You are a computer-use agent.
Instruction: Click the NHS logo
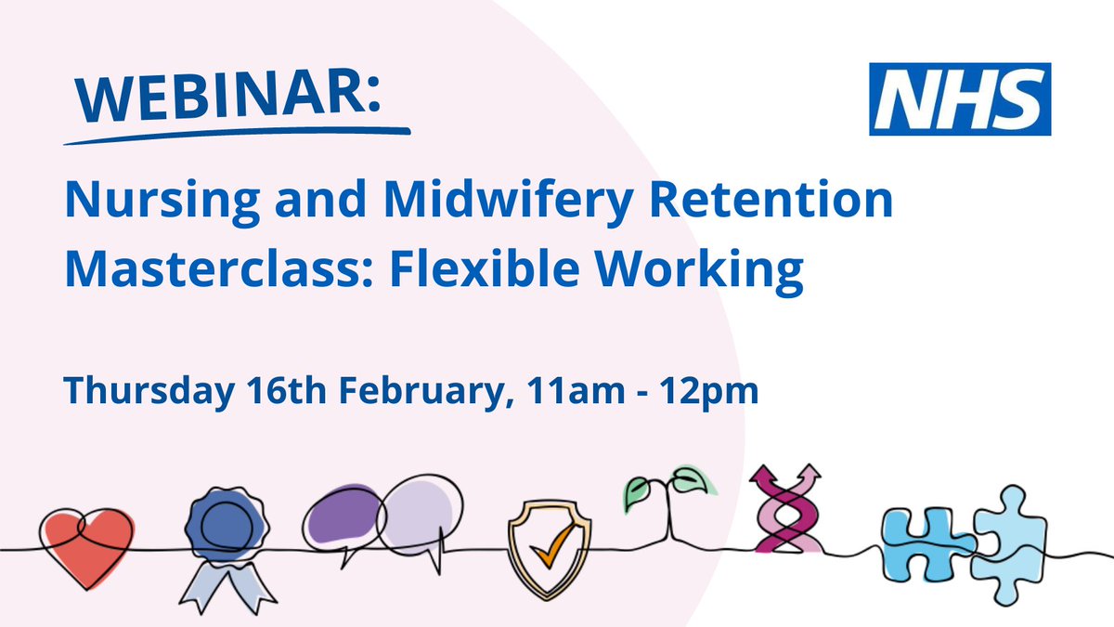(x=960, y=99)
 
